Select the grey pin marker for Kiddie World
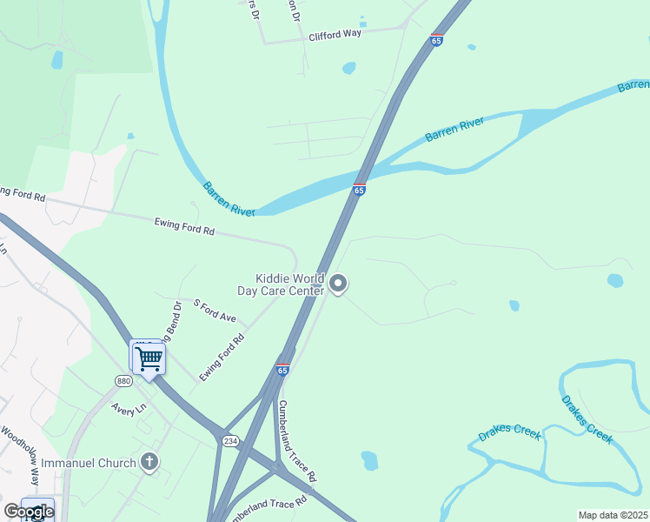338,284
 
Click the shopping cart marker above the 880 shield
149,357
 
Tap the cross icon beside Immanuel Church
149,462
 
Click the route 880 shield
123,381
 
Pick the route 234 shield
229,441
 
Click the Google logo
29,512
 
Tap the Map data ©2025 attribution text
613,515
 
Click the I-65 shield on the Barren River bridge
359,190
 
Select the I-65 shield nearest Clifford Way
436,40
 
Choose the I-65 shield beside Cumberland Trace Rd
282,370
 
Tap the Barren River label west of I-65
229,198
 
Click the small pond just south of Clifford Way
349,68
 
